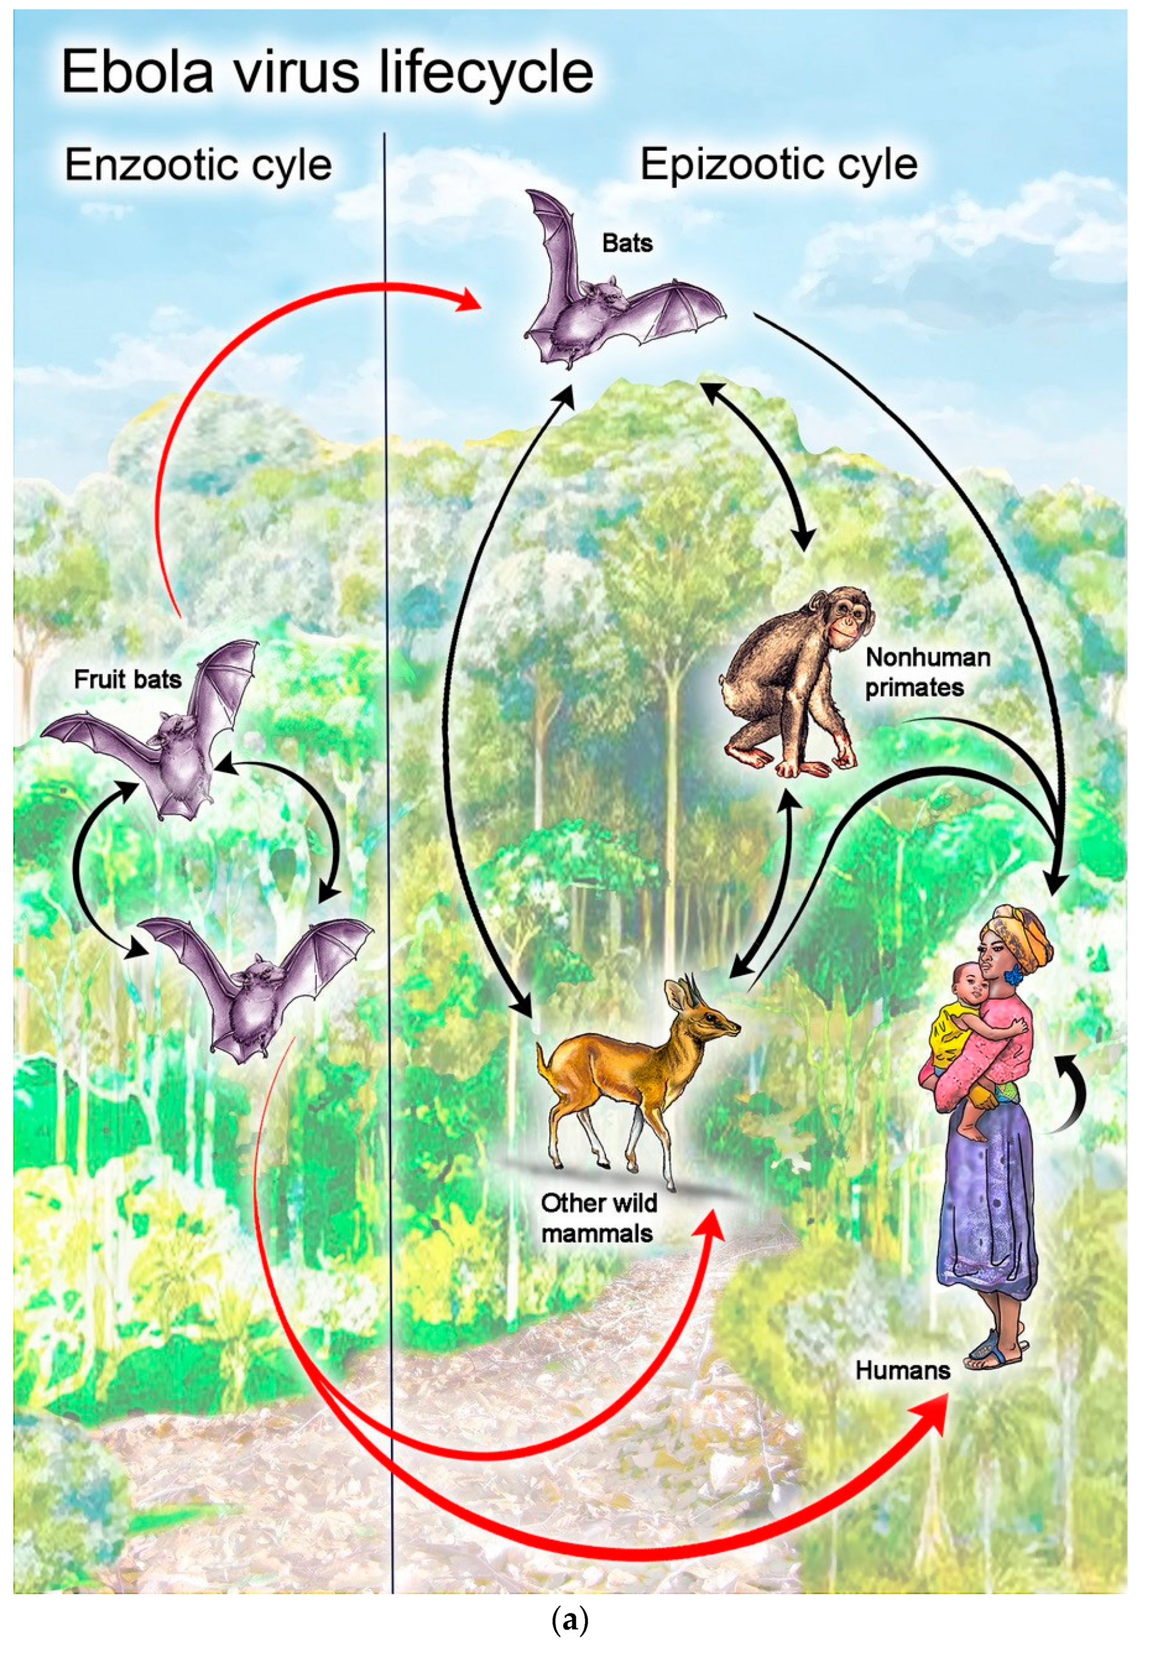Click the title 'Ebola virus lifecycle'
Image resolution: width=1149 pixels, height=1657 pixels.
point(328,72)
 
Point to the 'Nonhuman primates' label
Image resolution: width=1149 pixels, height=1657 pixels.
point(927,672)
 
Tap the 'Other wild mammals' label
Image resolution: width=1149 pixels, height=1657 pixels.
point(599,1219)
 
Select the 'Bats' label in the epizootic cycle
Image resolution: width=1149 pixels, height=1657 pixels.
point(627,243)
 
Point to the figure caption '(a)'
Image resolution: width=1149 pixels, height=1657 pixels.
point(574,1621)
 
